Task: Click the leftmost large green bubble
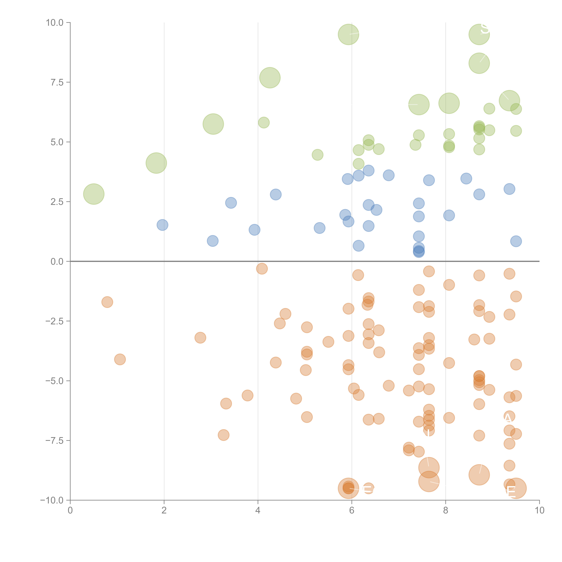[x=94, y=194]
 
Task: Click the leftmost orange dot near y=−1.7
[x=107, y=302]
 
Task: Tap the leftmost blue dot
[x=162, y=225]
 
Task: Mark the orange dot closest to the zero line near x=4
[x=262, y=269]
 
